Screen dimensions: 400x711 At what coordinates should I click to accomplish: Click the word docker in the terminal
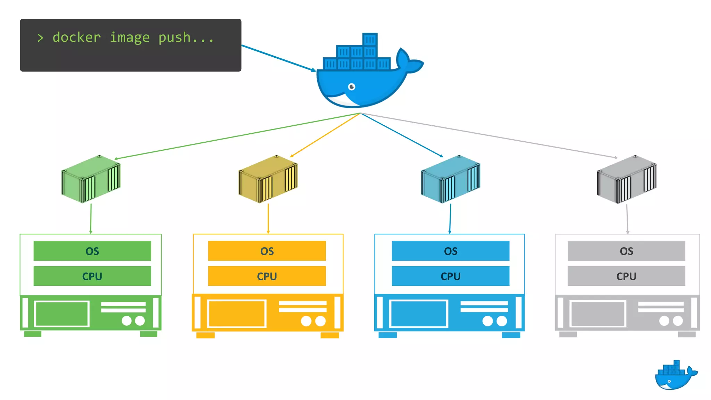pos(77,37)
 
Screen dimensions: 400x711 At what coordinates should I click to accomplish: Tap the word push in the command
pos(174,37)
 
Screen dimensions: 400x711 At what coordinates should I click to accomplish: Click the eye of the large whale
pos(352,86)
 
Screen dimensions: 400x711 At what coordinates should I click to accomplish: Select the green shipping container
pos(91,179)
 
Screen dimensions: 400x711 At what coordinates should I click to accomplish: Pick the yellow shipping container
pos(268,179)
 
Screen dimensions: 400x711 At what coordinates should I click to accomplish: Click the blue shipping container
pos(451,179)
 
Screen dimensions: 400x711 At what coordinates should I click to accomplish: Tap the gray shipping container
pos(627,179)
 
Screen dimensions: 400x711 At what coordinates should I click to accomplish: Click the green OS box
pos(92,251)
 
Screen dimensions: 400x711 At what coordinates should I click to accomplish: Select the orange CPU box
pos(267,276)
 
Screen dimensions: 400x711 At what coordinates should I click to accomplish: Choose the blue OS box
pos(451,251)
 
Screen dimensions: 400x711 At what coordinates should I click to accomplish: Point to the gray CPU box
pos(626,276)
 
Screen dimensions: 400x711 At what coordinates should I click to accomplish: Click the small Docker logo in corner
pos(675,375)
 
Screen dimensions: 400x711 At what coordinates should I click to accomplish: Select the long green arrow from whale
pos(236,136)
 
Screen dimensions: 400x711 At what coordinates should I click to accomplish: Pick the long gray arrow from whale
pos(490,135)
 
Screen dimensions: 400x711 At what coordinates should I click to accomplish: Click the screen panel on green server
pos(62,314)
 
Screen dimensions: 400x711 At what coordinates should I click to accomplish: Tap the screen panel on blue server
pos(419,314)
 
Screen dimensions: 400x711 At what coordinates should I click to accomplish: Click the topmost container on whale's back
pos(370,40)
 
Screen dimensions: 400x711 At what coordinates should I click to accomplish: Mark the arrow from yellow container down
pos(268,219)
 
